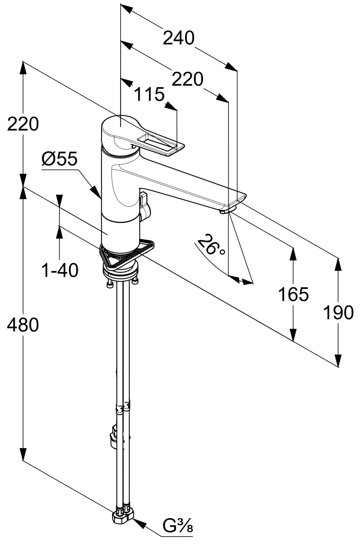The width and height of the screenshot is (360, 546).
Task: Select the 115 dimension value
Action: tap(149, 95)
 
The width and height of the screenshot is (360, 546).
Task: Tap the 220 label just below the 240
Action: tap(187, 79)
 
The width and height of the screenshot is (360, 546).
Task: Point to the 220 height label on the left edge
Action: tap(23, 124)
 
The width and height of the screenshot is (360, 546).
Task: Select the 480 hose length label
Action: tap(23, 325)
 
